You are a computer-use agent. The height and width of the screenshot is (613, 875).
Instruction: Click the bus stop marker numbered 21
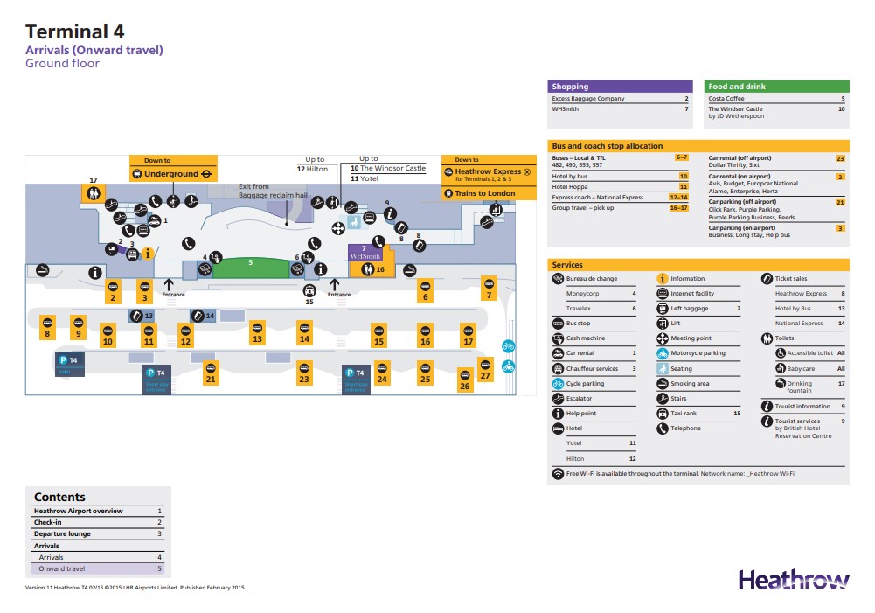[x=211, y=373]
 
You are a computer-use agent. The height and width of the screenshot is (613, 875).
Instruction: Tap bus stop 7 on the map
[x=490, y=289]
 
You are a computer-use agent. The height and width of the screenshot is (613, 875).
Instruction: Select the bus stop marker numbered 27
[x=486, y=370]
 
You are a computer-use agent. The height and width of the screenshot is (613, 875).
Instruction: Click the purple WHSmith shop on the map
[x=365, y=253]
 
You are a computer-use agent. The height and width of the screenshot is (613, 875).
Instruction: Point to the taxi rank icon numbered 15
[x=309, y=292]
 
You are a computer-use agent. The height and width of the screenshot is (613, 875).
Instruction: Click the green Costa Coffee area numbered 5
[x=250, y=267]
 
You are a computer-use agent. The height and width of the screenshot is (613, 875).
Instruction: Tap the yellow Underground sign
[x=173, y=173]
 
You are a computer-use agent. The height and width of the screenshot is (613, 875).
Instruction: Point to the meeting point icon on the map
[x=338, y=228]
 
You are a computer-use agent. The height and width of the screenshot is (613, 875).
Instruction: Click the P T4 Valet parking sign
[x=70, y=364]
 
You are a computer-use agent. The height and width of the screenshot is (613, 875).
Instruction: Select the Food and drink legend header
[x=777, y=87]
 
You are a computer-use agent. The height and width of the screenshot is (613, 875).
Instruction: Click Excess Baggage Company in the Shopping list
[x=588, y=99]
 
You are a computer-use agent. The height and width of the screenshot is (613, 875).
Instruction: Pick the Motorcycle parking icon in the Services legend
[x=663, y=353]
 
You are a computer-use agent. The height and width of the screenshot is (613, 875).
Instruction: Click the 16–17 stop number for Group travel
[x=678, y=208]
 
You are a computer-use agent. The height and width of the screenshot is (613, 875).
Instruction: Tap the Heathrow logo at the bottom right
[x=794, y=580]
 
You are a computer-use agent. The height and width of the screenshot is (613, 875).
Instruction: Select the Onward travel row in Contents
[x=98, y=568]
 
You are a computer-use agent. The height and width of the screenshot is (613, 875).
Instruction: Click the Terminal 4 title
[x=75, y=32]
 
